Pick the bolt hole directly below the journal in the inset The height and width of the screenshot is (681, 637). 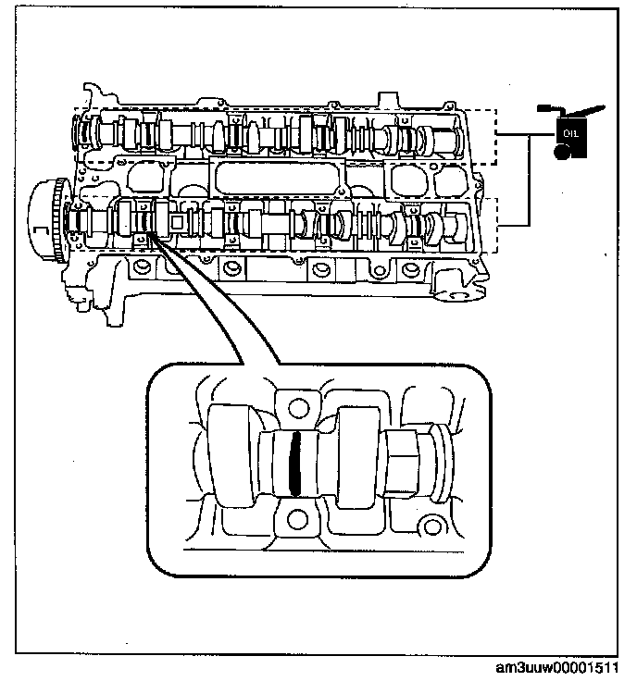pos(296,515)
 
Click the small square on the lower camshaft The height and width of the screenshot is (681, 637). pos(177,222)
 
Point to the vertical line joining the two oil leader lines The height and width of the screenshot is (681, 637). pos(528,180)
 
